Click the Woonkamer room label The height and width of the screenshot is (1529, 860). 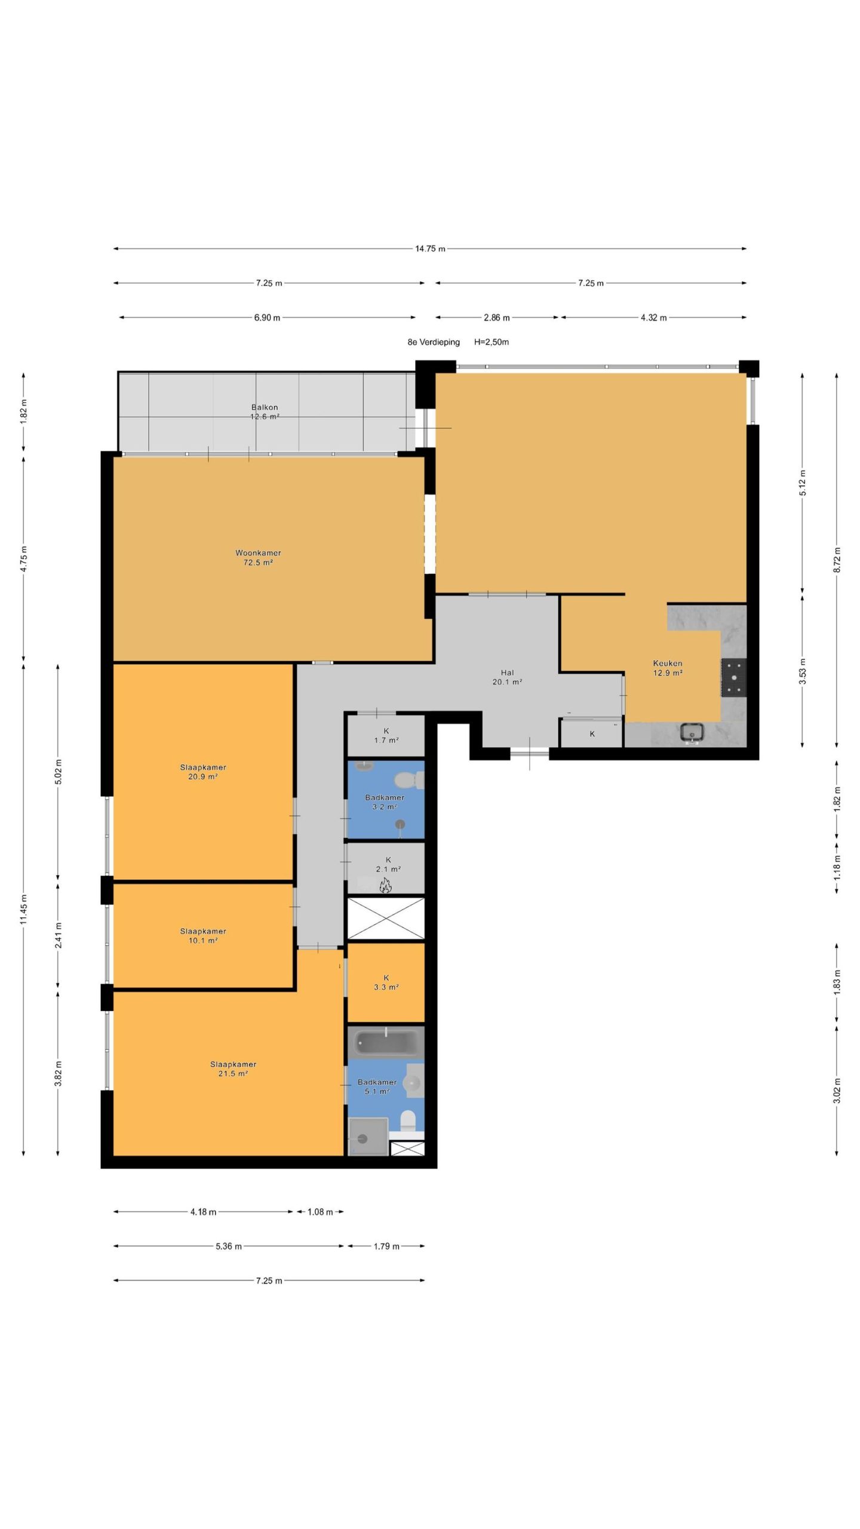tap(258, 553)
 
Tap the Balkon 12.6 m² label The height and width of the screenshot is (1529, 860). tap(265, 412)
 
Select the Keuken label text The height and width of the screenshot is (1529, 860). tap(667, 663)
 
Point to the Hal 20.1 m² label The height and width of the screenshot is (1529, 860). tap(507, 677)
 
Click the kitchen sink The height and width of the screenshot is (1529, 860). tap(692, 733)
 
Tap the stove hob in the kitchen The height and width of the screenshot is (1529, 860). tap(733, 677)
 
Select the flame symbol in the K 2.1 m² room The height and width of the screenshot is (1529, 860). tap(385, 886)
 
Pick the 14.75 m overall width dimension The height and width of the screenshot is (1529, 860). tap(430, 248)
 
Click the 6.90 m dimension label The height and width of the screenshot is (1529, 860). tap(267, 318)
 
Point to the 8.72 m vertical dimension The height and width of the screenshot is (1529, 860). tap(837, 560)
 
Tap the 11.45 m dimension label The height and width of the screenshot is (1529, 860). tap(23, 910)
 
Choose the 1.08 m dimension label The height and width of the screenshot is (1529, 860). tap(320, 1212)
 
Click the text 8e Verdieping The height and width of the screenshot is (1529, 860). tap(434, 342)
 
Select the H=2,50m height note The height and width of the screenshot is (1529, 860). tap(492, 342)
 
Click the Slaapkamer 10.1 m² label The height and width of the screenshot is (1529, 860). tap(203, 936)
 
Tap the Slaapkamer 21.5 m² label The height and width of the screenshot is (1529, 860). tap(233, 1069)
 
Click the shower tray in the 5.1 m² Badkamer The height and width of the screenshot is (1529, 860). tap(368, 1137)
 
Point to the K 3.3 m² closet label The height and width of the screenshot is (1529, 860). tap(386, 983)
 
